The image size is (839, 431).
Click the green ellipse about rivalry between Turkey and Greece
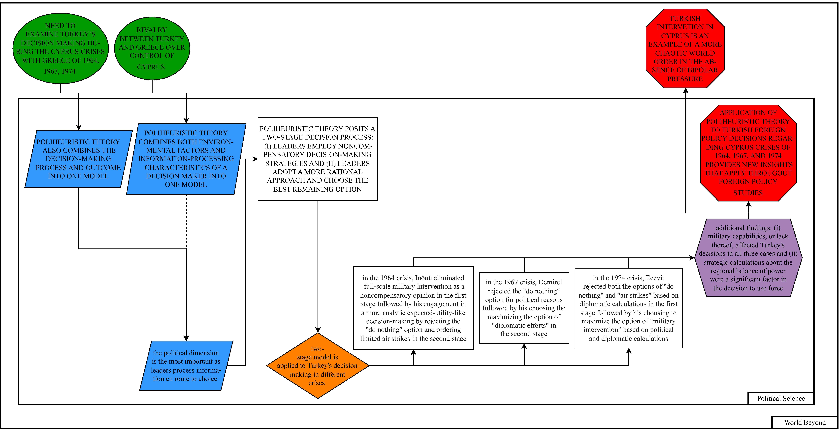(152, 48)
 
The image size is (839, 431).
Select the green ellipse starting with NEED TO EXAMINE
(61, 48)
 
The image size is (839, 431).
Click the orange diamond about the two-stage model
(318, 365)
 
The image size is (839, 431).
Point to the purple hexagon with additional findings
(748, 258)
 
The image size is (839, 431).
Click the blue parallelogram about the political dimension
(186, 365)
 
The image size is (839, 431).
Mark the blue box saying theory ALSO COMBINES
(78, 159)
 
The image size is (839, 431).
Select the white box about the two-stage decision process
(318, 159)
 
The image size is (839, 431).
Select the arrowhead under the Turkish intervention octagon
(686, 91)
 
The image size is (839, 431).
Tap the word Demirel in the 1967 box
(550, 282)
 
